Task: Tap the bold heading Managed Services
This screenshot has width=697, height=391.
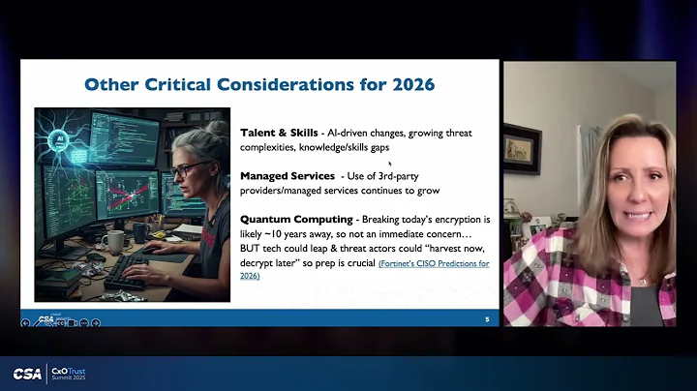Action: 287,175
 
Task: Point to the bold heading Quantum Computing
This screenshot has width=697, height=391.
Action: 295,220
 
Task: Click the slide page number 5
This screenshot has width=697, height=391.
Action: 486,318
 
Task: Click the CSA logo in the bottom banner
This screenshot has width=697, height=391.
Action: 27,374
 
